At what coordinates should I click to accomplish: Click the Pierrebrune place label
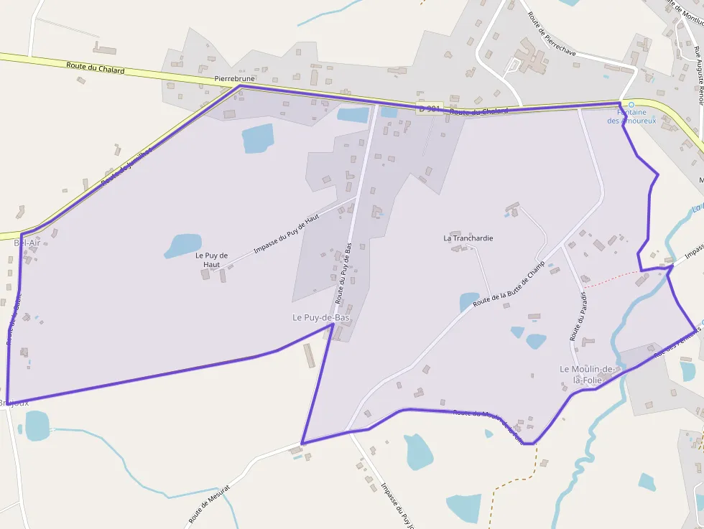(x=235, y=78)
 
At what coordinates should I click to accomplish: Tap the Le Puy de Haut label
(x=211, y=260)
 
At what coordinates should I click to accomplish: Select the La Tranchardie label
(x=468, y=238)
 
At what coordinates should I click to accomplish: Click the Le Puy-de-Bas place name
(x=320, y=317)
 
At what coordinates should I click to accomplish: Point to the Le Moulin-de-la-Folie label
(x=588, y=374)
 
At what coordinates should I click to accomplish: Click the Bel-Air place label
(x=27, y=243)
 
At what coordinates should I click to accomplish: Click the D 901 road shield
(x=429, y=108)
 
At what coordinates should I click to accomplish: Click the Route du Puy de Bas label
(x=343, y=273)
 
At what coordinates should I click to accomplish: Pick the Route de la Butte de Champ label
(x=509, y=284)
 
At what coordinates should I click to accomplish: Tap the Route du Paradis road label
(x=578, y=316)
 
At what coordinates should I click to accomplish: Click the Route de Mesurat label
(x=210, y=503)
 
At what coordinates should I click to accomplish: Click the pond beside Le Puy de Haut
(x=182, y=245)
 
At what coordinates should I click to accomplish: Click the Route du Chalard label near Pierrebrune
(x=95, y=68)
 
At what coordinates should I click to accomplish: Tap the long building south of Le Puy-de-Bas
(x=310, y=355)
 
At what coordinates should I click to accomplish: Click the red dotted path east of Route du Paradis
(x=611, y=278)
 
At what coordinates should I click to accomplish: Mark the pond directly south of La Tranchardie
(x=468, y=301)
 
